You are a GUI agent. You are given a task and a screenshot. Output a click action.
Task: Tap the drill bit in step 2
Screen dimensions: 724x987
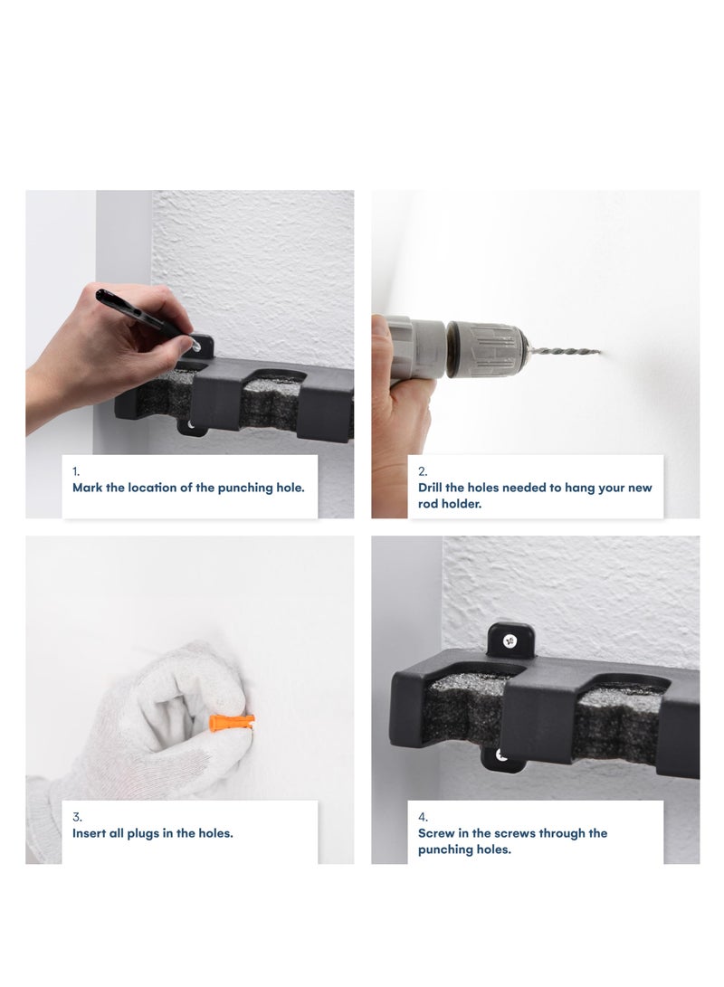561,350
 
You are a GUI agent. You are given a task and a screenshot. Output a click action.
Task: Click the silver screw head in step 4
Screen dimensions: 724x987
510,641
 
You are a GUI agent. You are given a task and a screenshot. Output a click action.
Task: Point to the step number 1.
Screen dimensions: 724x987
75,471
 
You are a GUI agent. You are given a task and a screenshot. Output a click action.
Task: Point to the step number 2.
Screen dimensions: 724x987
423,471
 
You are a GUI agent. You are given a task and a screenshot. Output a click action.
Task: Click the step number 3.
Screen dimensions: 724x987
77,817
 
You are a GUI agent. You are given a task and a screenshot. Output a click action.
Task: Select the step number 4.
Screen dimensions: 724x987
423,817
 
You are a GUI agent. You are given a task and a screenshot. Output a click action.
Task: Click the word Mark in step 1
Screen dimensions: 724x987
88,488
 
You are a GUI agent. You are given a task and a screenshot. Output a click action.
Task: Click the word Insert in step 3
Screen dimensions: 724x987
90,833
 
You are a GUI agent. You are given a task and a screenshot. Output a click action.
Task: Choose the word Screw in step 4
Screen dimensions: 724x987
435,833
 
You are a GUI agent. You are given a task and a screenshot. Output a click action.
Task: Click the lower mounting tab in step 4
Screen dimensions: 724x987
502,757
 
